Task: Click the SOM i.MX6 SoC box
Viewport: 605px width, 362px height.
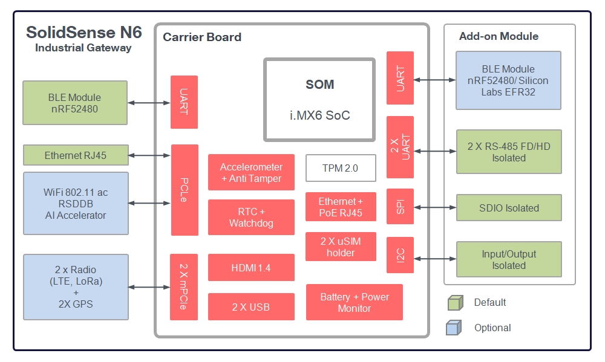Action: [319, 100]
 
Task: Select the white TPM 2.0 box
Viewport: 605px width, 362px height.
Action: [341, 168]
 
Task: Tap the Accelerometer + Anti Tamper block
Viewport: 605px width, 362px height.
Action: [251, 173]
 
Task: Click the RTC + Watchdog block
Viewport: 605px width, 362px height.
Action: [251, 217]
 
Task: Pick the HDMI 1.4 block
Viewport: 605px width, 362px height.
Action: [251, 267]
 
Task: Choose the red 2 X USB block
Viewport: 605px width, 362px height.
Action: [251, 307]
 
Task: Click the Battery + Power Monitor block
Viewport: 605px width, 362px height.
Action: [354, 302]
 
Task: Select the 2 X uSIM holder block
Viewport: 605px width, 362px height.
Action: [341, 247]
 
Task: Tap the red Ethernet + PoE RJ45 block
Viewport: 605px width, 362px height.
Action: [341, 207]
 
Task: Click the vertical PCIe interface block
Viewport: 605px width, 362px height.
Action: [185, 190]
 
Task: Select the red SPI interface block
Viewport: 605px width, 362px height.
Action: [400, 207]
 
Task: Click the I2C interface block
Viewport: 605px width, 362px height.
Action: [400, 255]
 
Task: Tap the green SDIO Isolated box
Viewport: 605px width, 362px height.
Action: [508, 208]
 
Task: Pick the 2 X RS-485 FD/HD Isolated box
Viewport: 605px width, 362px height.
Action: [508, 152]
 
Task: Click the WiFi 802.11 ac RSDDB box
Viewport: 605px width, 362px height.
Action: [76, 203]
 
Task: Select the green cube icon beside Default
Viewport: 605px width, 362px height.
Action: [455, 302]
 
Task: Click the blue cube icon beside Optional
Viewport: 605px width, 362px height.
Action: [455, 328]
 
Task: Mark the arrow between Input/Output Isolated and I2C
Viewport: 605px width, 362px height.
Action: [434, 259]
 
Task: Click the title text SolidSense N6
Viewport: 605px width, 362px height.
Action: [84, 33]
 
